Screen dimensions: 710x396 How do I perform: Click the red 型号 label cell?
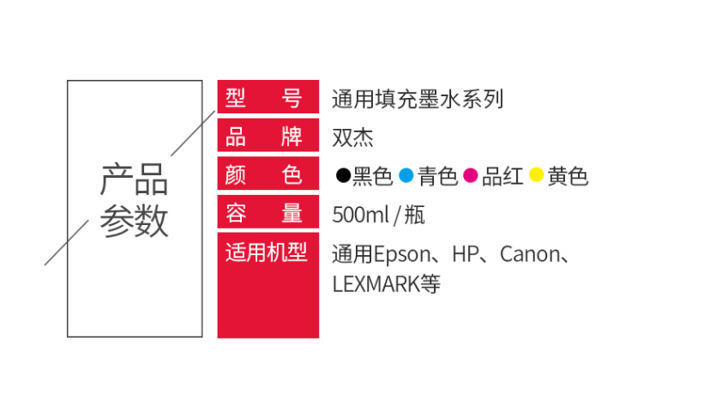pyautogui.click(x=268, y=96)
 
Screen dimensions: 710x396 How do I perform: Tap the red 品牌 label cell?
pyautogui.click(x=268, y=135)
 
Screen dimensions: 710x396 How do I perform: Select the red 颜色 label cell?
pyautogui.click(x=268, y=174)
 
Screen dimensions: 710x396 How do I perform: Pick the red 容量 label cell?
pyautogui.click(x=268, y=212)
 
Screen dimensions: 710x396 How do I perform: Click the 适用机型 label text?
pyautogui.click(x=266, y=253)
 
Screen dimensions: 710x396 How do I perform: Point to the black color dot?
pyautogui.click(x=343, y=175)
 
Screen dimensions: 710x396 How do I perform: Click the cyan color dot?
pyautogui.click(x=406, y=175)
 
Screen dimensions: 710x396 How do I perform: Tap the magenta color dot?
pyautogui.click(x=471, y=175)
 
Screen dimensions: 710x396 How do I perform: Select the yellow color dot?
pyautogui.click(x=536, y=174)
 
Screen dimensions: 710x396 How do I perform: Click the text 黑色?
pyautogui.click(x=372, y=176)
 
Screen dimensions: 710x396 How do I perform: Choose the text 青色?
pyautogui.click(x=437, y=176)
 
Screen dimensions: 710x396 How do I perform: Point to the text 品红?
pyautogui.click(x=502, y=176)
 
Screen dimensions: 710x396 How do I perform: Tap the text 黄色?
pyautogui.click(x=568, y=176)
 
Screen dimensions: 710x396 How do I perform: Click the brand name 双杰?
pyautogui.click(x=352, y=137)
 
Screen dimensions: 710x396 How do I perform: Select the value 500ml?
pyautogui.click(x=361, y=215)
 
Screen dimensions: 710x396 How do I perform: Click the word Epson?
pyautogui.click(x=402, y=255)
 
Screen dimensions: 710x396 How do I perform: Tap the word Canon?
pyautogui.click(x=530, y=254)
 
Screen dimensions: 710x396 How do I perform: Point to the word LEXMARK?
pyautogui.click(x=376, y=284)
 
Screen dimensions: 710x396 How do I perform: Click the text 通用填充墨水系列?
pyautogui.click(x=418, y=99)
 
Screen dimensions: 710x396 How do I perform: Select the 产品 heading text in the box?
pyautogui.click(x=134, y=180)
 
